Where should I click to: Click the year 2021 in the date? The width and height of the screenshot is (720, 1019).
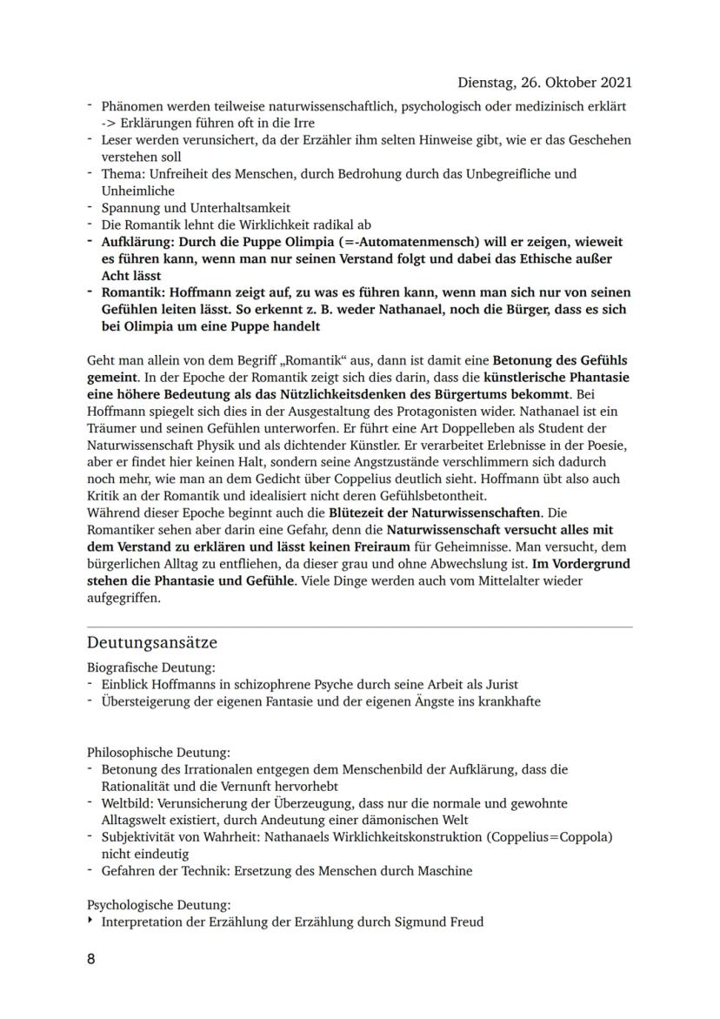(x=615, y=83)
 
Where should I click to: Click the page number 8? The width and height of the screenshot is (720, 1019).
(x=91, y=958)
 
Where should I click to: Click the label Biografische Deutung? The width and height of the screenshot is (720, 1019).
(x=150, y=667)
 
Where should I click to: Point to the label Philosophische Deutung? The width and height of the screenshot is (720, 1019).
(x=158, y=752)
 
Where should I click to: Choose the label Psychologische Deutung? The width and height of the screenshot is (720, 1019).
(x=159, y=905)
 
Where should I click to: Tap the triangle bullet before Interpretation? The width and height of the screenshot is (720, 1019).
(x=90, y=921)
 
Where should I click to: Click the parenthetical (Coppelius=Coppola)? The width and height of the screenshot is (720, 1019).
(x=550, y=837)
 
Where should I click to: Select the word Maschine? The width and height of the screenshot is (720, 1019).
(x=443, y=870)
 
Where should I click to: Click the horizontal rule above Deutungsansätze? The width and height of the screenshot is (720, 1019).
(x=360, y=627)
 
